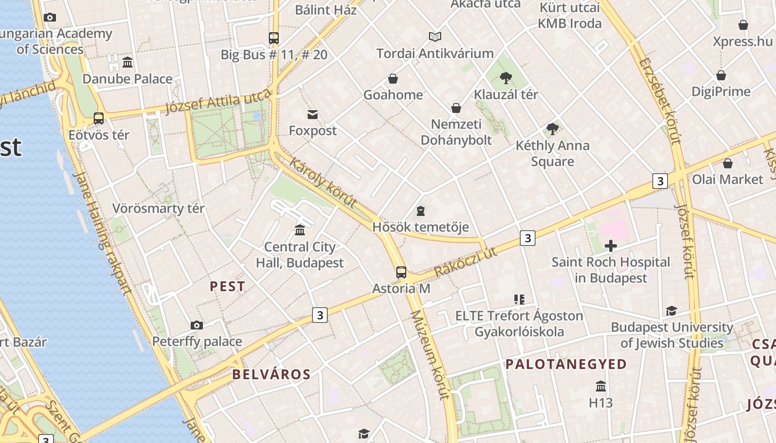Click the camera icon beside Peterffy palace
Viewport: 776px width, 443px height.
tap(196, 325)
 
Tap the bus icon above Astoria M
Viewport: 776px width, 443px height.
tap(401, 272)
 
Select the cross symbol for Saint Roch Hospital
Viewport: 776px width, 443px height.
tap(611, 246)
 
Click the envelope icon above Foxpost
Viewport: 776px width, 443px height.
tap(313, 115)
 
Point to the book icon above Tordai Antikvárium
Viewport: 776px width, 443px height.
tap(435, 37)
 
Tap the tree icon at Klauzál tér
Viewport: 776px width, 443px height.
tap(506, 78)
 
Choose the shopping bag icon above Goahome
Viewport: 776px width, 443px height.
tap(393, 79)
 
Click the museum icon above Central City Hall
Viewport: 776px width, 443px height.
tap(300, 230)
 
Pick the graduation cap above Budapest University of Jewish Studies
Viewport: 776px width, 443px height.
tap(671, 311)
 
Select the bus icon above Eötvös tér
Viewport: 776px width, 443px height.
tap(99, 118)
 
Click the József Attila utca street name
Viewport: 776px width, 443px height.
tap(219, 102)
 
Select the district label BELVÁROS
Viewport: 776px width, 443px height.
tap(271, 374)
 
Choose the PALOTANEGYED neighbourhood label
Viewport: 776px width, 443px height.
tap(566, 364)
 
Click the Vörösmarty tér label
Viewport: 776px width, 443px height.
tap(159, 209)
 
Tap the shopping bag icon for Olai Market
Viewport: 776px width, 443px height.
tap(728, 163)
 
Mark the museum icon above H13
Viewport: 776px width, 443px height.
tap(601, 386)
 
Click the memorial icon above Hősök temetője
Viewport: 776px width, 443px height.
tap(421, 211)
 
